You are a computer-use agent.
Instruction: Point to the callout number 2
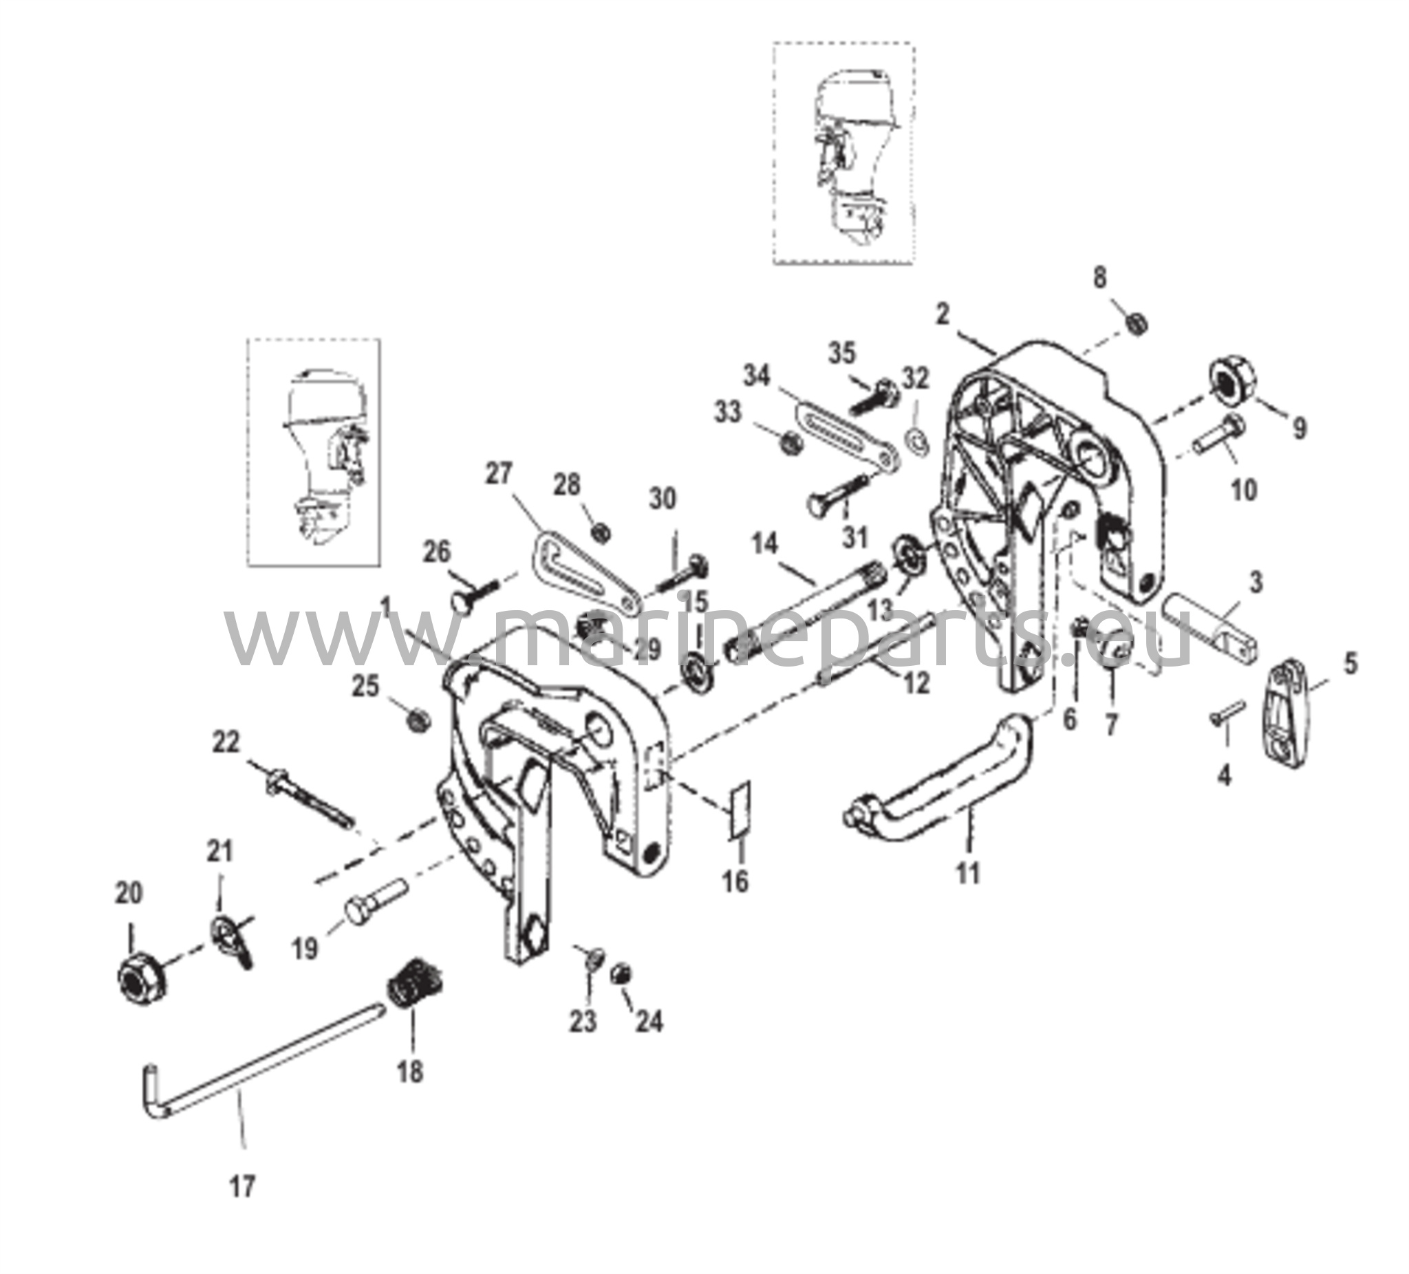pos(943,316)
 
